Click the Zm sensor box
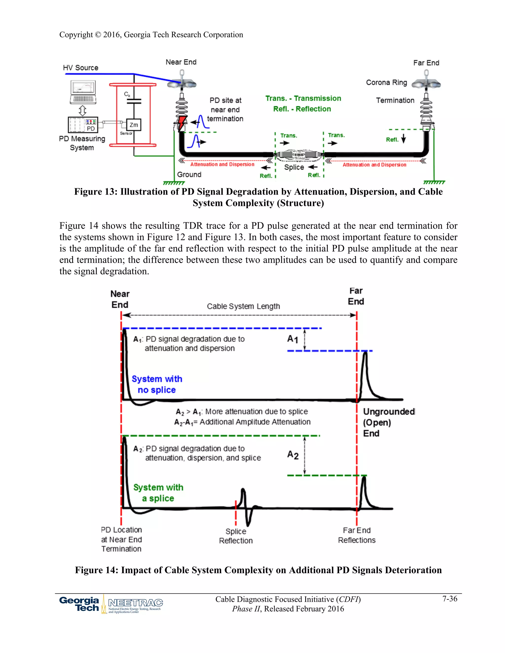tap(134, 125)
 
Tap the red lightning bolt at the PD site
tap(182, 122)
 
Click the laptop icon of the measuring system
tap(83, 92)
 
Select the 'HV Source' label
tap(80, 68)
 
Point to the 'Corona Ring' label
tap(387, 83)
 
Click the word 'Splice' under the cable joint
tap(294, 167)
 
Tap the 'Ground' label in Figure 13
tap(189, 175)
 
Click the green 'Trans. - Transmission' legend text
tap(303, 98)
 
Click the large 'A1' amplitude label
tap(293, 339)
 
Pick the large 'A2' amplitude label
tap(293, 455)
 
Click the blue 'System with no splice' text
tap(157, 384)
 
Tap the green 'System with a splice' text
tap(158, 493)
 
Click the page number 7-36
tap(450, 599)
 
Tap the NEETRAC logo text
tap(136, 603)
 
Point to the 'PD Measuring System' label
tap(82, 143)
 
